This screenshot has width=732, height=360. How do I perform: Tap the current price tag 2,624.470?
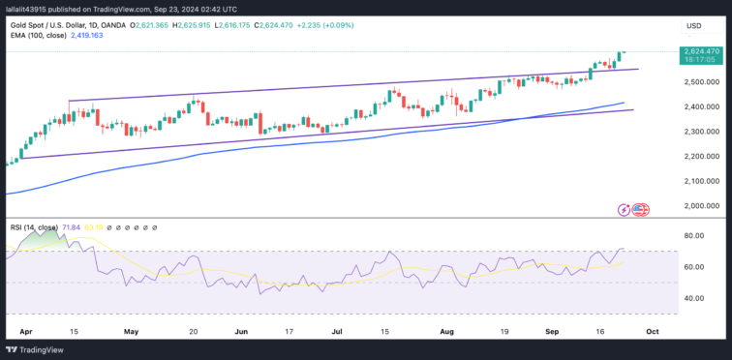(x=700, y=51)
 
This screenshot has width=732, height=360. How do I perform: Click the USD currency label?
(x=693, y=25)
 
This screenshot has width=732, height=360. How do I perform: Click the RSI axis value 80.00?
(x=693, y=235)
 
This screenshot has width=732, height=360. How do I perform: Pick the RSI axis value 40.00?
(x=693, y=298)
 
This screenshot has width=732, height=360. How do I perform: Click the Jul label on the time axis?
(x=336, y=330)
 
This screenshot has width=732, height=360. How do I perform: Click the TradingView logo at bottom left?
(x=37, y=349)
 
